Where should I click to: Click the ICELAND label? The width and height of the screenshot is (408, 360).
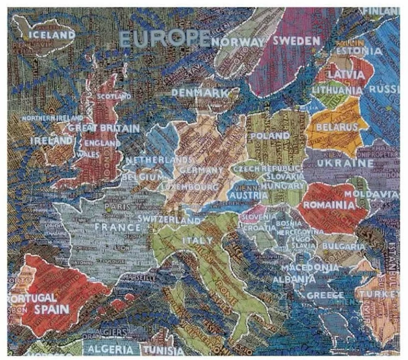(52, 35)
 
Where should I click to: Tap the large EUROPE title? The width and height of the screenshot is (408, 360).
(164, 39)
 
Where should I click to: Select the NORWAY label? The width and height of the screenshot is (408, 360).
(237, 42)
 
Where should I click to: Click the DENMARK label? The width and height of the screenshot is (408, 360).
(200, 93)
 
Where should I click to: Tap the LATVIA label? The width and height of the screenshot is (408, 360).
(346, 74)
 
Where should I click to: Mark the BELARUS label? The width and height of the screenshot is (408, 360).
(337, 127)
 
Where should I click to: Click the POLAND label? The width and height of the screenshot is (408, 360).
(270, 135)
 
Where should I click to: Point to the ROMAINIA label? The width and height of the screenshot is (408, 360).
(329, 205)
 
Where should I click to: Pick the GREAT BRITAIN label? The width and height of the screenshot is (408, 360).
(104, 128)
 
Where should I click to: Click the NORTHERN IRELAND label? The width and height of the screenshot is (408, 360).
(52, 118)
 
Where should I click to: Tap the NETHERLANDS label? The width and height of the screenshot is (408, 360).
(158, 160)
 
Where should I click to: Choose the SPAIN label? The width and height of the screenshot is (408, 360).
(51, 308)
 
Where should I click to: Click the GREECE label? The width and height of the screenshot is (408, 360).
(325, 295)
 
